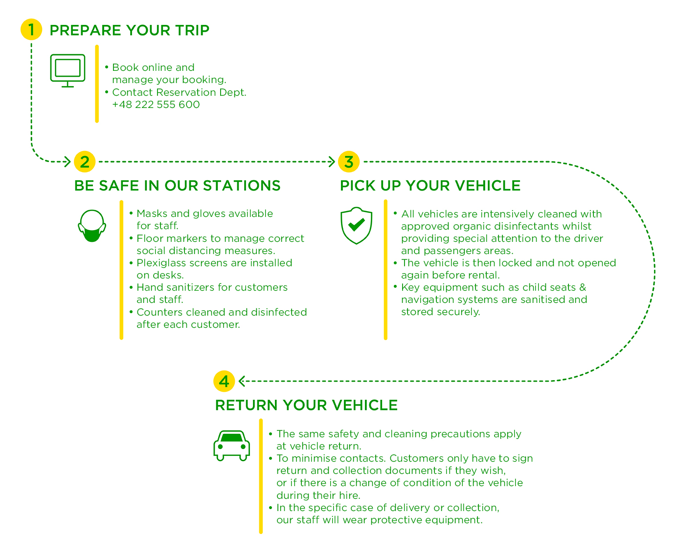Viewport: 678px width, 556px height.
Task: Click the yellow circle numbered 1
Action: pyautogui.click(x=31, y=29)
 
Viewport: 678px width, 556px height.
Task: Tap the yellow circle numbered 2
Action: pyautogui.click(x=85, y=161)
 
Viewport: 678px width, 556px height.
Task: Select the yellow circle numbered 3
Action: pyautogui.click(x=348, y=161)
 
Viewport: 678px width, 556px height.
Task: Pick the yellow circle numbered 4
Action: pyautogui.click(x=224, y=381)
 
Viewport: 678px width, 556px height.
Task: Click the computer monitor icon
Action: pyautogui.click(x=68, y=70)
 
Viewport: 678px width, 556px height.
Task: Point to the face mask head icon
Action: pyautogui.click(x=92, y=225)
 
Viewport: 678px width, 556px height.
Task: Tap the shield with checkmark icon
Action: pyautogui.click(x=356, y=225)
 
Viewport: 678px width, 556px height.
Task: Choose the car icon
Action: pyautogui.click(x=231, y=446)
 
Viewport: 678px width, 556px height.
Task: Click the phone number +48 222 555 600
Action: pyautogui.click(x=156, y=105)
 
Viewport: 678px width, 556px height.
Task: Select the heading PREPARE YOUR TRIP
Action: pyautogui.click(x=129, y=30)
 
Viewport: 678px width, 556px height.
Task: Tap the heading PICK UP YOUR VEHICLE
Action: pyautogui.click(x=430, y=186)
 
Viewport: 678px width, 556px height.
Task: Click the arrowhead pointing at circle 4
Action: pyautogui.click(x=242, y=381)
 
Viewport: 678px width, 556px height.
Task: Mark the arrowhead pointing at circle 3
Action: pyautogui.click(x=332, y=161)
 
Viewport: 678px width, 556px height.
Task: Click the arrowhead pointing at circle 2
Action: pyautogui.click(x=67, y=161)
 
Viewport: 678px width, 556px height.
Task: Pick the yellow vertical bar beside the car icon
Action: pyautogui.click(x=261, y=476)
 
